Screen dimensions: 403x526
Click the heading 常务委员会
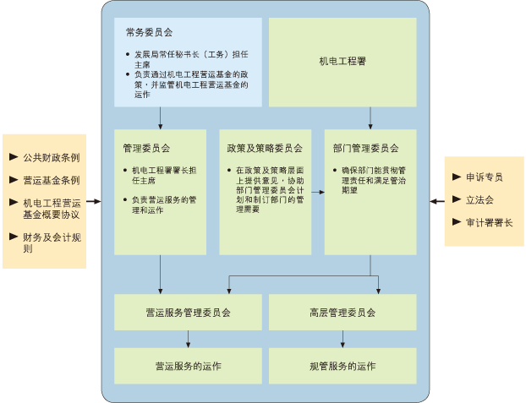coord(149,33)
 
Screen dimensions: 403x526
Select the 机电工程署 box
coord(342,62)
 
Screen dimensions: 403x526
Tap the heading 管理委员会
coord(145,146)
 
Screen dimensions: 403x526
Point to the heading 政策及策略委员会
coord(264,146)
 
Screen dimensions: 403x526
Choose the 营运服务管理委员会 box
coord(188,312)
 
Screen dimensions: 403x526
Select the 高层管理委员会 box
coord(342,312)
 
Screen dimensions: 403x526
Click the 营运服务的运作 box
coord(188,366)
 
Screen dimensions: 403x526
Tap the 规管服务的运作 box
coord(342,366)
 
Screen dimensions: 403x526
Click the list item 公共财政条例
coord(51,157)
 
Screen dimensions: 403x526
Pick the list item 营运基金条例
coord(51,180)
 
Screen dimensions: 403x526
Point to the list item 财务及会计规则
coord(51,242)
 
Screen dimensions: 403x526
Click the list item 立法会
coord(479,200)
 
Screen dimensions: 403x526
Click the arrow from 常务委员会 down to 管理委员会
coord(160,117)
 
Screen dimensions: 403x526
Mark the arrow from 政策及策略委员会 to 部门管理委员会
coord(317,192)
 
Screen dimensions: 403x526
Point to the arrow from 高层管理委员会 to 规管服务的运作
coord(342,339)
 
